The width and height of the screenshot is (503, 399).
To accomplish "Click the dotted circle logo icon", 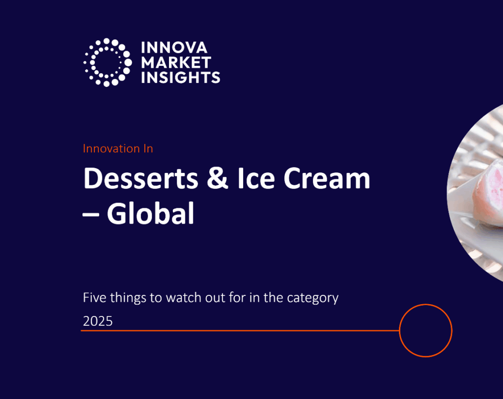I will click(107, 62).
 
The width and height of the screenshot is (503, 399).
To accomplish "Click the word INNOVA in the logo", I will click(174, 48).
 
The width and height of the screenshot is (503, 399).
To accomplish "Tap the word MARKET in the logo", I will click(176, 62).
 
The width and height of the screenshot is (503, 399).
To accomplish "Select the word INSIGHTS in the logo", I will click(180, 77).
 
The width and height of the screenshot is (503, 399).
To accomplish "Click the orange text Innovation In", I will click(118, 148).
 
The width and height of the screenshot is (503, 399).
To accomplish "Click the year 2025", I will click(98, 321).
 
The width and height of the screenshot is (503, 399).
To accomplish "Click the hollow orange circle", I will click(425, 331).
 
